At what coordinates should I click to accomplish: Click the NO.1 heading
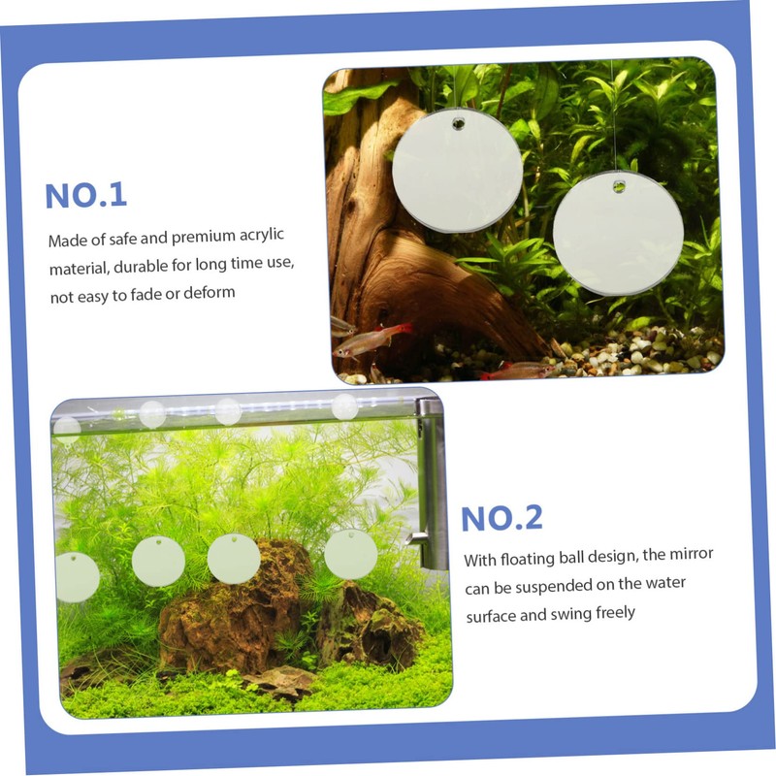point(86,194)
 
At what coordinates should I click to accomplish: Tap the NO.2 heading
point(501,518)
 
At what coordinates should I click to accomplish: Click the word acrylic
point(257,237)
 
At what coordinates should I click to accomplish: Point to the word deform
point(210,292)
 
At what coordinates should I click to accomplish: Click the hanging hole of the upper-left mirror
point(457,124)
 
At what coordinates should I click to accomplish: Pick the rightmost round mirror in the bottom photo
point(350,554)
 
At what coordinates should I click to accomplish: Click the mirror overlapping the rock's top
point(234,559)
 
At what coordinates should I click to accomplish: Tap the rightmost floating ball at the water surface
point(344,406)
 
